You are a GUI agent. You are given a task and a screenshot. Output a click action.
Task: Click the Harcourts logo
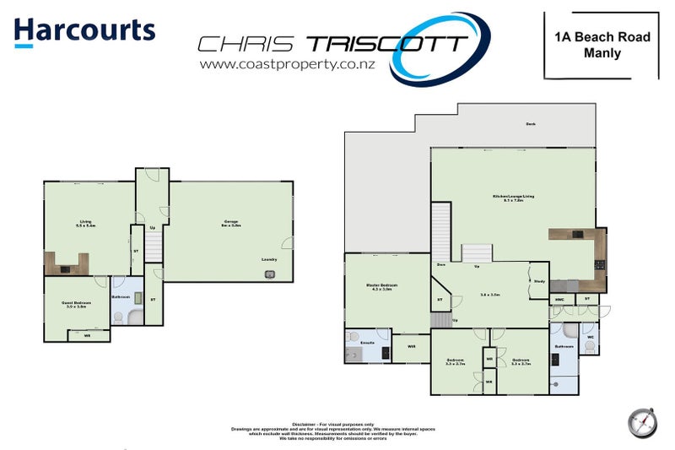point(84,31)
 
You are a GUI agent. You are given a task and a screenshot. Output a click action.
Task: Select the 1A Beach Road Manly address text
point(601,45)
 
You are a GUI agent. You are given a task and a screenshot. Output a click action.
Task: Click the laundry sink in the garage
point(270,274)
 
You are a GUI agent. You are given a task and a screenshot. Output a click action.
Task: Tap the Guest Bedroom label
point(76,301)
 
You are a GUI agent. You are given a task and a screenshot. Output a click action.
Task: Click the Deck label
point(531,124)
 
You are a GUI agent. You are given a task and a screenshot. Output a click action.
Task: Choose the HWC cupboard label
point(559,300)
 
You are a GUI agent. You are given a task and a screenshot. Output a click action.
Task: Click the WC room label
point(590,338)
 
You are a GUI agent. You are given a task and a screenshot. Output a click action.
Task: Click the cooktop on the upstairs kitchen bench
point(600,264)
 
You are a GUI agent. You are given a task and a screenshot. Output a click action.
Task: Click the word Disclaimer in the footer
point(303,424)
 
